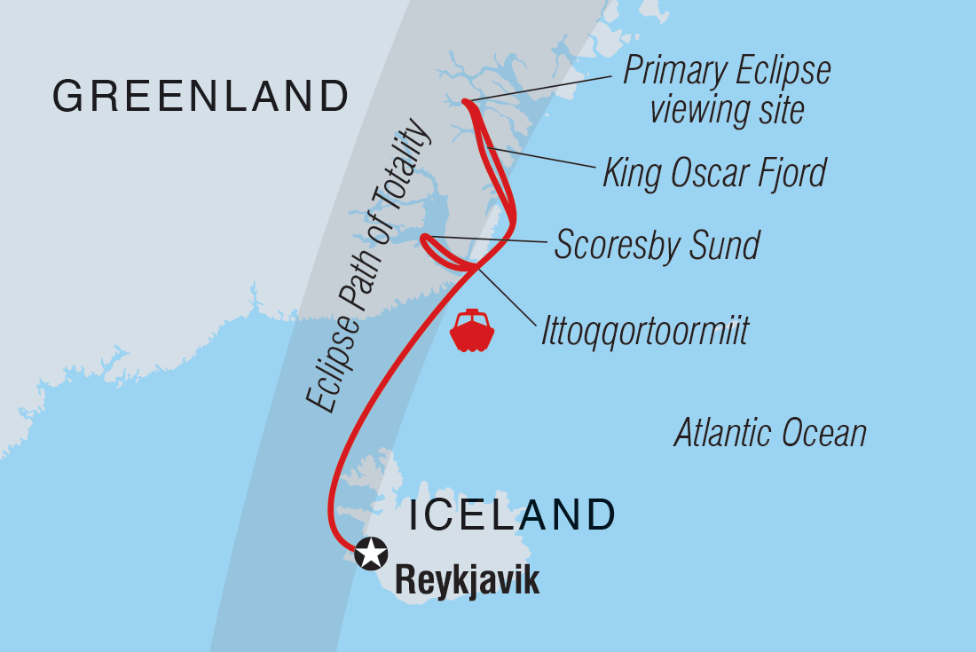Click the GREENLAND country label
[x=201, y=96]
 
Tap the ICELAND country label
[x=511, y=515]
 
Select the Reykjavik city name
[x=467, y=581]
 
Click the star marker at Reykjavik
[x=371, y=554]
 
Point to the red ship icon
[x=472, y=331]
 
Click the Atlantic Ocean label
[x=769, y=434]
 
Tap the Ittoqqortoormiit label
[x=645, y=332]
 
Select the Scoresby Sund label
[x=657, y=245]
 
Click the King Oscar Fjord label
[x=714, y=172]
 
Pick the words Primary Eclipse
[x=727, y=71]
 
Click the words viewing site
[x=727, y=110]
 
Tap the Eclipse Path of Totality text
[x=367, y=266]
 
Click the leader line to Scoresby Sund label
[x=488, y=239]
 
